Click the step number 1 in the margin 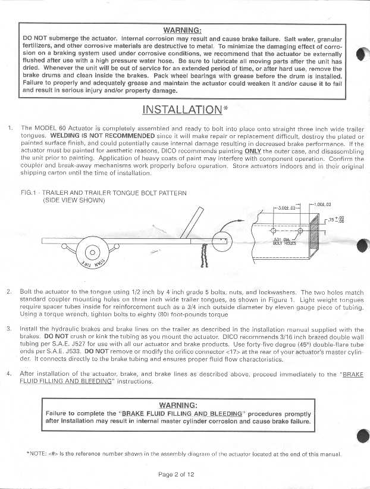pos(10,128)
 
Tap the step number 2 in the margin pos(9,292)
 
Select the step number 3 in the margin pos(9,329)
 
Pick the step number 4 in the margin pos(9,373)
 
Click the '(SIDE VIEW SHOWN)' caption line pos(74,201)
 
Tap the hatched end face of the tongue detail pos(317,237)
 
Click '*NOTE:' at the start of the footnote pos(37,453)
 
